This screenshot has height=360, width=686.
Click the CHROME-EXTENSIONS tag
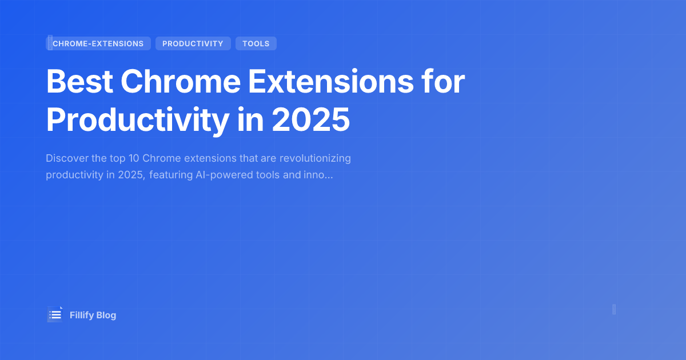pyautogui.click(x=98, y=43)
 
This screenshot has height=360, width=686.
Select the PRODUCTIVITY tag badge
pyautogui.click(x=193, y=43)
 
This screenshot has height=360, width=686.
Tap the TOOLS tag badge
pyautogui.click(x=256, y=43)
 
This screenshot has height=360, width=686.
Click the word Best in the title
pyautogui.click(x=78, y=82)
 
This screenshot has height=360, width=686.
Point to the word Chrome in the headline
pyautogui.click(x=181, y=82)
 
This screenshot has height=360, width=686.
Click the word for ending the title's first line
pyautogui.click(x=444, y=82)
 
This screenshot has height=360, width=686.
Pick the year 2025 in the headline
pyautogui.click(x=310, y=119)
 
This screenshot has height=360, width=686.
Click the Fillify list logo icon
pyautogui.click(x=55, y=314)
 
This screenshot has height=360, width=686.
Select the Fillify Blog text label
pyautogui.click(x=93, y=315)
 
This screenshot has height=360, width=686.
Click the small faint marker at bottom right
pyautogui.click(x=614, y=309)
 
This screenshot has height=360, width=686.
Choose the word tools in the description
pyautogui.click(x=276, y=175)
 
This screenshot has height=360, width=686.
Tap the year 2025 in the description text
pyautogui.click(x=133, y=175)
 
